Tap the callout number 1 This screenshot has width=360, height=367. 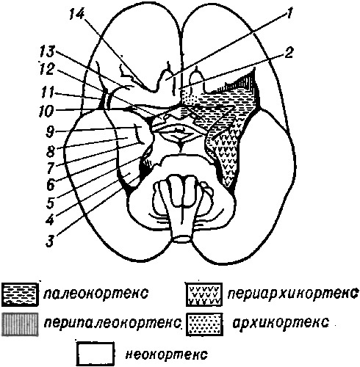tap(289, 14)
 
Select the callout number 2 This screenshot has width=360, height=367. tap(289, 53)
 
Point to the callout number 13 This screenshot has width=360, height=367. tap(48, 51)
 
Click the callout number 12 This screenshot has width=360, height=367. tap(46, 70)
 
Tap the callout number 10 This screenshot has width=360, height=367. tap(46, 112)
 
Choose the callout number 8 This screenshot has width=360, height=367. tap(51, 151)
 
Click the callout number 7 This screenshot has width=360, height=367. tap(50, 168)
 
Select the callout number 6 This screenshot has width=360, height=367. tap(50, 185)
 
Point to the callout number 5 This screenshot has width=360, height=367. tap(50, 203)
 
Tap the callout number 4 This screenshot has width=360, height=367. tap(50, 220)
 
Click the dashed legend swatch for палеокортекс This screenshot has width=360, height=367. tap(20, 294)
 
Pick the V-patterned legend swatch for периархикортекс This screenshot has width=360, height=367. tap(204, 294)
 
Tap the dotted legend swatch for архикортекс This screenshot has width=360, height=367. tap(205, 324)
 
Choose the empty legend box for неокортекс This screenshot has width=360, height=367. tap(96, 354)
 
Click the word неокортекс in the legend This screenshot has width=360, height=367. tap(166, 355)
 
